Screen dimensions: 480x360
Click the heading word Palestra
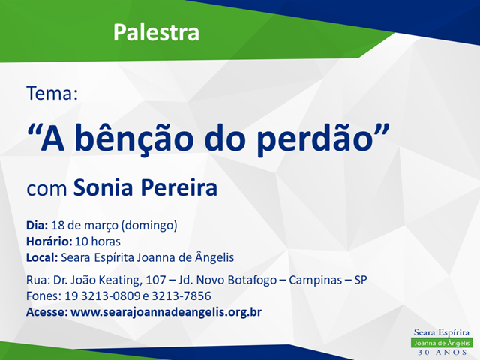tap(156, 32)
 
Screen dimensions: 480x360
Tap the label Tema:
tap(52, 93)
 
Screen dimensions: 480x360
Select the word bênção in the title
tap(134, 138)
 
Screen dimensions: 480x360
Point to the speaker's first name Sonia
tap(103, 187)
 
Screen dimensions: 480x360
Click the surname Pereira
tap(179, 187)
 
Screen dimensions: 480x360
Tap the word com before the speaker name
tap(46, 190)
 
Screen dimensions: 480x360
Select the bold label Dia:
tap(37, 225)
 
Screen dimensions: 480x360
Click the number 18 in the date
tap(58, 225)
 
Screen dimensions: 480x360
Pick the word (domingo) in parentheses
tap(149, 226)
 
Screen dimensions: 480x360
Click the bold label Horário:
tap(49, 241)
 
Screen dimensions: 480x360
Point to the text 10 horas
tap(97, 241)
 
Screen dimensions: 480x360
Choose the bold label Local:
tap(42, 257)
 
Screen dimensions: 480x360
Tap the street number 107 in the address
tap(155, 280)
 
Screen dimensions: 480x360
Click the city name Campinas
tap(315, 280)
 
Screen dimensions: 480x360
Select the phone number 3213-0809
tap(111, 296)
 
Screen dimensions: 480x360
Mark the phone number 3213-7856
tap(181, 296)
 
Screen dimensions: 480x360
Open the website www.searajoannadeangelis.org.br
tap(166, 312)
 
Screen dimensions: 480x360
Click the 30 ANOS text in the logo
tap(442, 352)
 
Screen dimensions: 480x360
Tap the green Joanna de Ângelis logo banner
tap(442, 343)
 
